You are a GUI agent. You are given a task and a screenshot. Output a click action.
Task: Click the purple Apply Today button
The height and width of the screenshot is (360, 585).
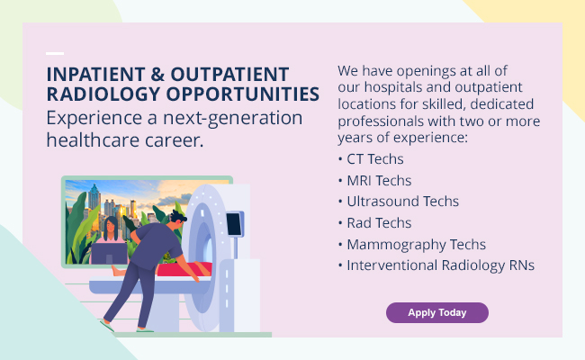[x=436, y=312]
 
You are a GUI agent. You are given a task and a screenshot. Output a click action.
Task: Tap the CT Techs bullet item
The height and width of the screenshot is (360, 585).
[x=371, y=159]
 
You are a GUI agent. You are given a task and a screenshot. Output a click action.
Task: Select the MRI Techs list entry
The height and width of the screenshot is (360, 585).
[x=374, y=181]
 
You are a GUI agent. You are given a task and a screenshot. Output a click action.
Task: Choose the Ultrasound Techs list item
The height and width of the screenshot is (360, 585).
[x=399, y=202]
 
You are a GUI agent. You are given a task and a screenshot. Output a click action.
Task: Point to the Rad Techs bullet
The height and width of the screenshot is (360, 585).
[x=374, y=223]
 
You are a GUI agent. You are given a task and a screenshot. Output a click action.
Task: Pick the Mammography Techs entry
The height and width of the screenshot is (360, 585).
[x=412, y=245]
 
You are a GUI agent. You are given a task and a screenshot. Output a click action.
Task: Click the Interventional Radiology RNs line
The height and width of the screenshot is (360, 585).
[x=436, y=265]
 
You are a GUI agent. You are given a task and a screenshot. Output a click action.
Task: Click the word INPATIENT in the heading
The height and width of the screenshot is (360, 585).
[x=95, y=74]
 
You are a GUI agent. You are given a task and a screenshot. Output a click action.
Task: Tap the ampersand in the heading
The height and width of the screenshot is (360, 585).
[x=157, y=74]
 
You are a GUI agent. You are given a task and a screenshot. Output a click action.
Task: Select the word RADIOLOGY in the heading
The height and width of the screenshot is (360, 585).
[x=103, y=94]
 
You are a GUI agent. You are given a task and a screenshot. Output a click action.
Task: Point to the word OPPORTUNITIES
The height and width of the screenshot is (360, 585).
[x=243, y=94]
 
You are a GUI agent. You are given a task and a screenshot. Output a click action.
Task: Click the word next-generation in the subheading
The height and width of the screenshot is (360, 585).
[x=233, y=119]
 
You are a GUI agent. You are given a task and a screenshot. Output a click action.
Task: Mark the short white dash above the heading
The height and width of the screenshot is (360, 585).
[x=55, y=53]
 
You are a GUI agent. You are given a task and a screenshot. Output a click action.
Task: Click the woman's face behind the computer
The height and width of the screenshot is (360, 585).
[x=111, y=225]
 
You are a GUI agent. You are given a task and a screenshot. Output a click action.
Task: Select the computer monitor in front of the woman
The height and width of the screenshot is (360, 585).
[x=109, y=253]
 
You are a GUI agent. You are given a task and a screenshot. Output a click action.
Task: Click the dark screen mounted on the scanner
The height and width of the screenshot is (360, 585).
[x=235, y=223]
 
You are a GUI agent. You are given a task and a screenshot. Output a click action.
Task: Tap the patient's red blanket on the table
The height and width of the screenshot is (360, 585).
[x=184, y=269]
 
